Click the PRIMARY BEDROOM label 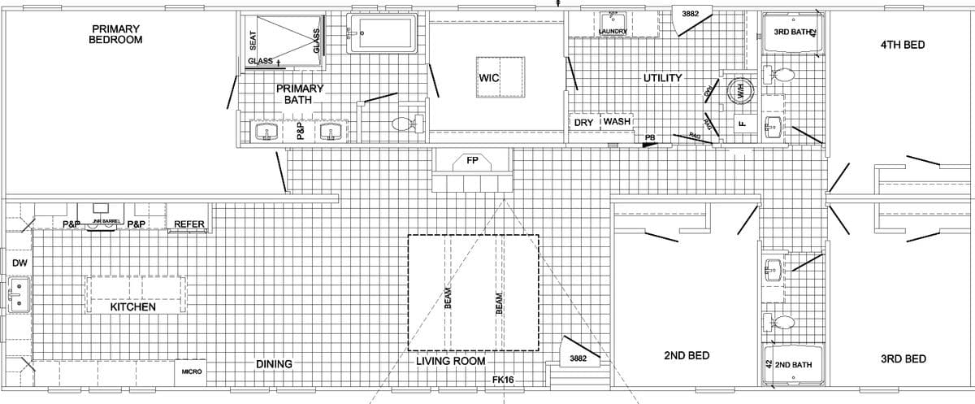click(115, 34)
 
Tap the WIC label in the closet click(489, 78)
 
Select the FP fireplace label click(472, 160)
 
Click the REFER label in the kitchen click(189, 224)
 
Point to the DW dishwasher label click(19, 263)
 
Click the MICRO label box click(192, 371)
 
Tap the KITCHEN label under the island click(132, 307)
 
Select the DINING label click(274, 364)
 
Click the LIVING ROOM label click(451, 361)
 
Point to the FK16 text click(503, 380)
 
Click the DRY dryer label click(583, 122)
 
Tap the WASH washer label click(617, 122)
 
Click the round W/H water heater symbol click(740, 91)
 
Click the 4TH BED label click(902, 45)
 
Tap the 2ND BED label click(687, 356)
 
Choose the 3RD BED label click(903, 358)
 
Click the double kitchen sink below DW click(17, 295)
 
